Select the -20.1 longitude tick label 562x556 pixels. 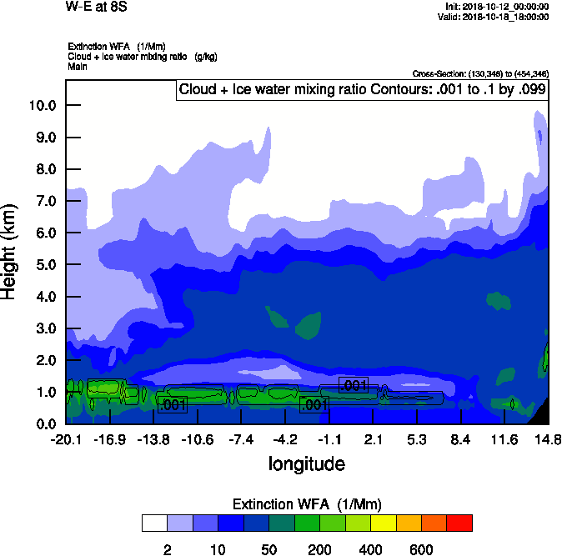click(x=65, y=439)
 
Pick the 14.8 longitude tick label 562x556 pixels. click(x=549, y=439)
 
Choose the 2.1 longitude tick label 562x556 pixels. click(x=373, y=439)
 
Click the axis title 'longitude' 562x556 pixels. click(x=306, y=463)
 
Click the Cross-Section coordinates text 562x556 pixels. click(x=479, y=74)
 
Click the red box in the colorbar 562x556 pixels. click(x=459, y=523)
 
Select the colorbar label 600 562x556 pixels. click(x=421, y=549)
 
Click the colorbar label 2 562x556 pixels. click(x=167, y=549)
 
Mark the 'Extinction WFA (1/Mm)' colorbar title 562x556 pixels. click(x=306, y=504)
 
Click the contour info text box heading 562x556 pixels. click(x=362, y=90)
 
